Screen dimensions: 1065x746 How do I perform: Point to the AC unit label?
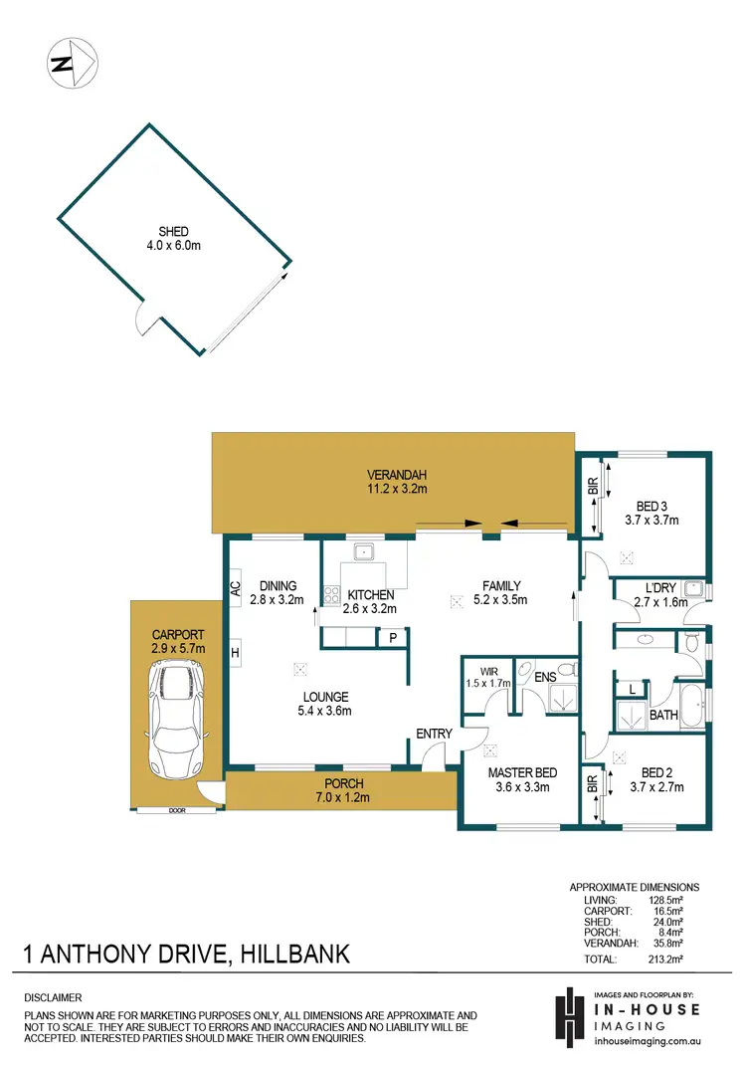point(236,588)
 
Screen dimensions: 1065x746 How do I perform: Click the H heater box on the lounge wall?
point(236,653)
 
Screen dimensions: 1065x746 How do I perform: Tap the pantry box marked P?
point(393,637)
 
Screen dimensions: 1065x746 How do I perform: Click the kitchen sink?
point(364,549)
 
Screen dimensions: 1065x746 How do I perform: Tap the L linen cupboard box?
point(631,688)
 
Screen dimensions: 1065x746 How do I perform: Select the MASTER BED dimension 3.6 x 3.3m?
point(522,786)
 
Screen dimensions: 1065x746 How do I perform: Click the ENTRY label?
point(435,734)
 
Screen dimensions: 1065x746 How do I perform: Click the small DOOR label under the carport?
point(176,811)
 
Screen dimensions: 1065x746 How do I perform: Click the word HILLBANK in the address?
point(294,955)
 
